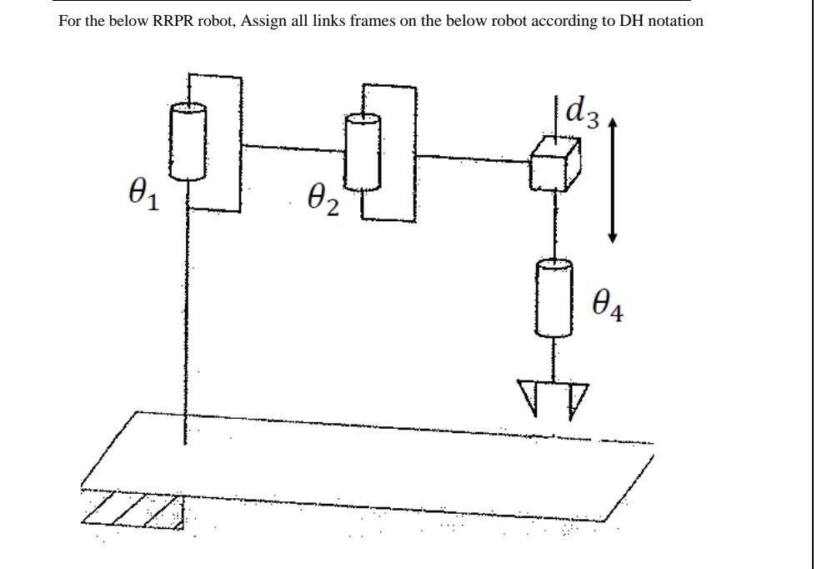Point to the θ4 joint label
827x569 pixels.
pyautogui.click(x=609, y=311)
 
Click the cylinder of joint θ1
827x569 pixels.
pyautogui.click(x=188, y=141)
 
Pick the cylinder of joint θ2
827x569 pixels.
pyautogui.click(x=363, y=152)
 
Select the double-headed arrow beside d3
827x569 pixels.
pyautogui.click(x=613, y=179)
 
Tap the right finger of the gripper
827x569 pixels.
pyautogui.click(x=577, y=398)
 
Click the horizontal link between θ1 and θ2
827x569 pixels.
pyautogui.click(x=293, y=149)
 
